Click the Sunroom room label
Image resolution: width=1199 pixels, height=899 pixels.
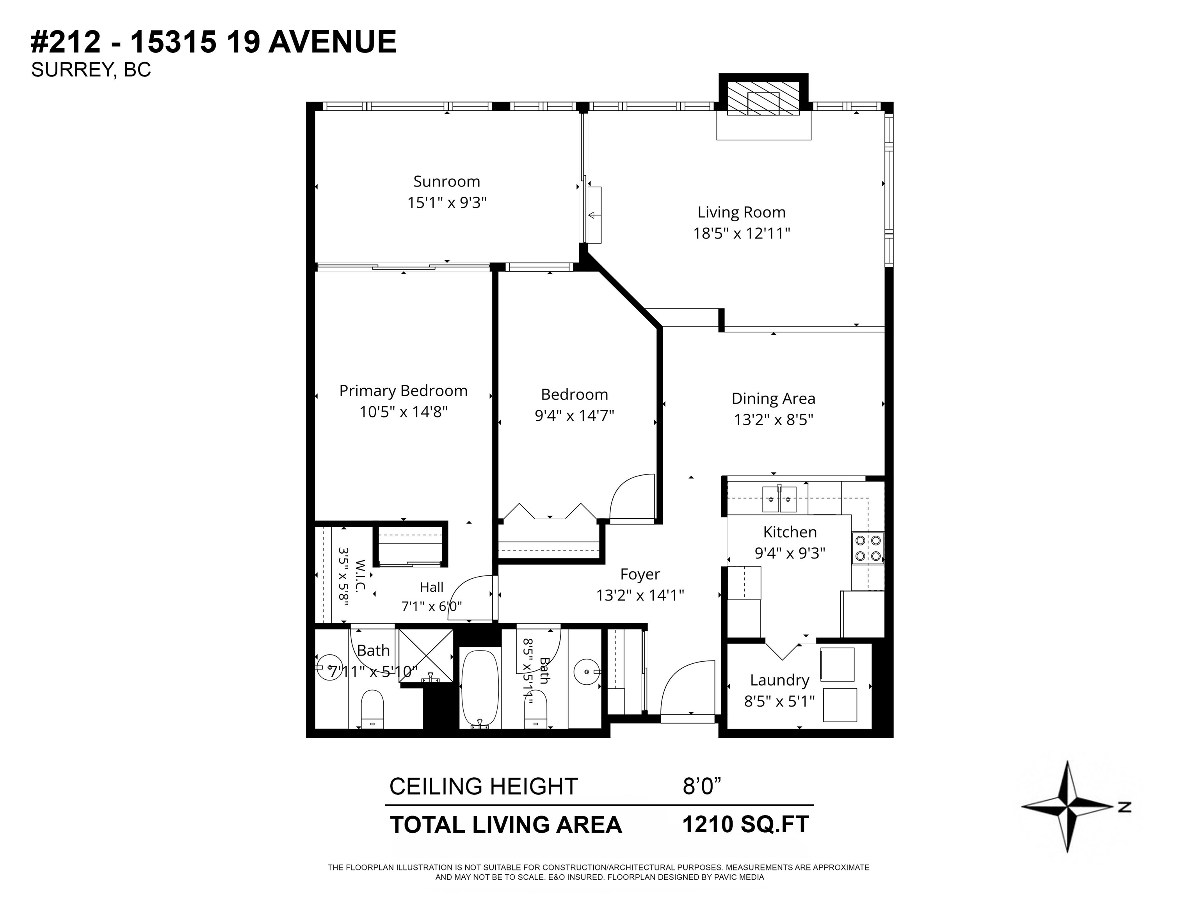(447, 181)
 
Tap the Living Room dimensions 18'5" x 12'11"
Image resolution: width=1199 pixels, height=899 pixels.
(742, 234)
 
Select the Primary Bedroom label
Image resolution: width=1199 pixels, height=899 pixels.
(403, 391)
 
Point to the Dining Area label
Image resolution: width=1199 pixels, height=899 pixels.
(774, 399)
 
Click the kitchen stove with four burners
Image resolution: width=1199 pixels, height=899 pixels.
(868, 548)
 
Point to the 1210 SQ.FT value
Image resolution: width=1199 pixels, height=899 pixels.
(745, 824)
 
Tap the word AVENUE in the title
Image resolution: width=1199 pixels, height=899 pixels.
(332, 42)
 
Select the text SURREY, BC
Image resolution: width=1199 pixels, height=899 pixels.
(91, 70)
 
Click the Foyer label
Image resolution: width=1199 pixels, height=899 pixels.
(640, 574)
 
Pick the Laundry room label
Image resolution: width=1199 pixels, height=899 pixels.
(779, 680)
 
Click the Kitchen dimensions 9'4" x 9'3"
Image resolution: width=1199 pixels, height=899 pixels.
(790, 553)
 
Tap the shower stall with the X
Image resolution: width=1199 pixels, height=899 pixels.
(425, 655)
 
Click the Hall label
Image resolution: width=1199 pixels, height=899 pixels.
(431, 587)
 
